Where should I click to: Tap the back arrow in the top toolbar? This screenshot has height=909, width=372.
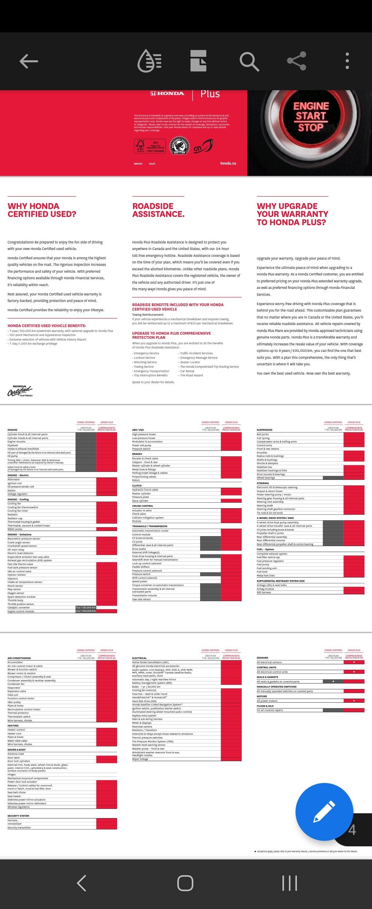pyautogui.click(x=29, y=61)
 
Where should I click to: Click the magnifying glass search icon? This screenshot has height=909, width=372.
pyautogui.click(x=249, y=61)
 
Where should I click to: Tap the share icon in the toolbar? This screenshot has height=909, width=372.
pyautogui.click(x=297, y=61)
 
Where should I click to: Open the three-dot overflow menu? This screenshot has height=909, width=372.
pyautogui.click(x=347, y=61)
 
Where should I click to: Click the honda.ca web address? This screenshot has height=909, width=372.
pyautogui.click(x=228, y=164)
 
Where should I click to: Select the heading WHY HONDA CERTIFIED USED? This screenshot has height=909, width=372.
pyautogui.click(x=42, y=210)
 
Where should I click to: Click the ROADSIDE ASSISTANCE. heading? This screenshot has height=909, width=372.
pyautogui.click(x=158, y=210)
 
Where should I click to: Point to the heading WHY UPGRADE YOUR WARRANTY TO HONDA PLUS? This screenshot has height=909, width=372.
pyautogui.click(x=292, y=214)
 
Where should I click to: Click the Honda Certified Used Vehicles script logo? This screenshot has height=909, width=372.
pyautogui.click(x=20, y=391)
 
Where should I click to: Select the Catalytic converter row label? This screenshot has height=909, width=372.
pyautogui.click(x=19, y=608)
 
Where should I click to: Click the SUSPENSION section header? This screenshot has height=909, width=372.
pyautogui.click(x=264, y=430)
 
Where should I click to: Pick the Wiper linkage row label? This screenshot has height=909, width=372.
pyautogui.click(x=140, y=759)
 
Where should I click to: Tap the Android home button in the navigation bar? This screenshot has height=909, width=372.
pyautogui.click(x=185, y=883)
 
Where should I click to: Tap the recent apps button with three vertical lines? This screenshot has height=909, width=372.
pyautogui.click(x=290, y=883)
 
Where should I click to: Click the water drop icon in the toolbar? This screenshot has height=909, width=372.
pyautogui.click(x=149, y=61)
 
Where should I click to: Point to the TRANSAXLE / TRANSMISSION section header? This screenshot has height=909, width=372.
pyautogui.click(x=149, y=526)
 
